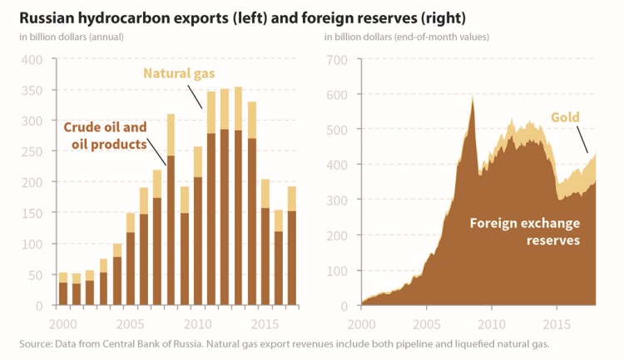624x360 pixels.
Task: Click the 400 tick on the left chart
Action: click(x=31, y=60)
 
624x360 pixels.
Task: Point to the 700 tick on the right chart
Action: click(x=335, y=60)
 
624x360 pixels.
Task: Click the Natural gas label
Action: click(x=179, y=74)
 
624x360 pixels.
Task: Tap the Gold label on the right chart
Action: click(x=566, y=116)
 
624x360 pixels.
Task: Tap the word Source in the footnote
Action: click(x=32, y=343)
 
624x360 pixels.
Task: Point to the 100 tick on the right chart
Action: click(x=335, y=271)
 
